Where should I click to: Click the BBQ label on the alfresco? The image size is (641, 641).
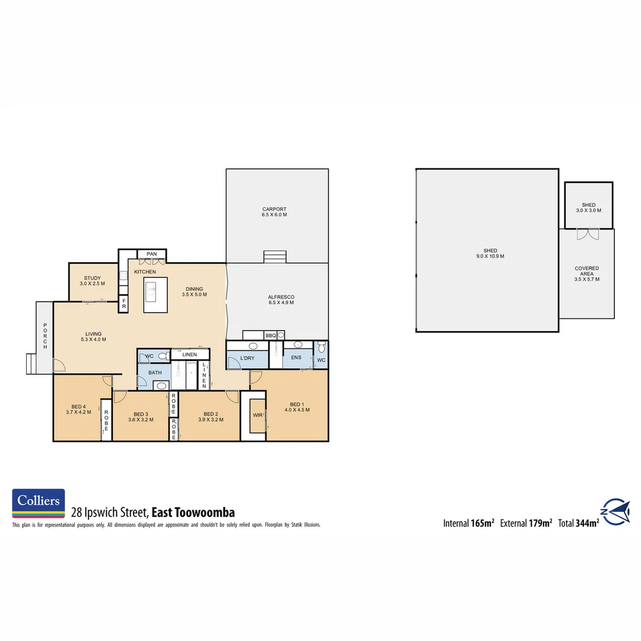pos(271,336)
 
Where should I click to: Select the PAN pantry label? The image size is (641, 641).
pos(152,254)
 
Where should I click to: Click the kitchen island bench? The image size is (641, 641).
pos(156,294)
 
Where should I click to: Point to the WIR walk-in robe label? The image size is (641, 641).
pos(258,415)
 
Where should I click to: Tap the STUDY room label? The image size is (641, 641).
pos(92,278)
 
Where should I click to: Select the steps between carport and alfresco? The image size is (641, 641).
pos(275,256)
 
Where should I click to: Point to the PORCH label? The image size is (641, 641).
pos(45,336)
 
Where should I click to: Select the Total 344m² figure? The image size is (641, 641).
pos(578,523)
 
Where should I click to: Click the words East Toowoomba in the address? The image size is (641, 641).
pos(193,512)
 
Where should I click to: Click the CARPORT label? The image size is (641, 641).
pos(274,209)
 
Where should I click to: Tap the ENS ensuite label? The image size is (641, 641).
pos(296,358)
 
